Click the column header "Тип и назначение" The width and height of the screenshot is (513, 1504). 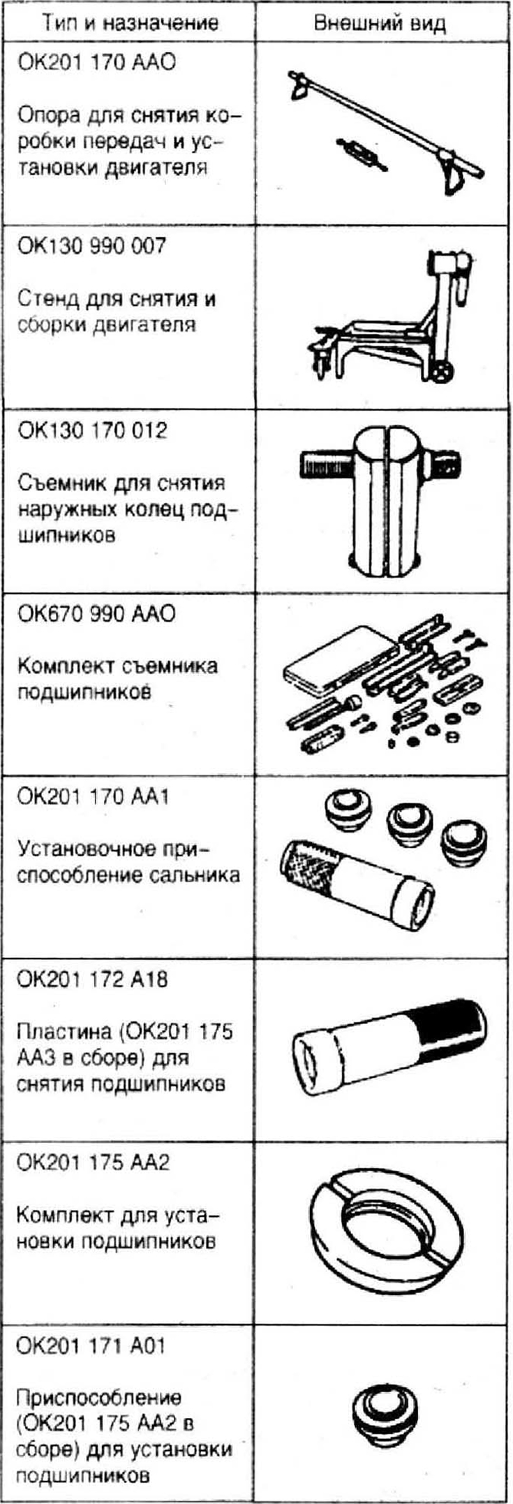(x=130, y=22)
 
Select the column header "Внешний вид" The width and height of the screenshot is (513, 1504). (x=380, y=22)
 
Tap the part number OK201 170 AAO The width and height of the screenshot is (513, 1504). (x=96, y=62)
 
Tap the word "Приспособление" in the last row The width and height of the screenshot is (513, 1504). (x=98, y=1399)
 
